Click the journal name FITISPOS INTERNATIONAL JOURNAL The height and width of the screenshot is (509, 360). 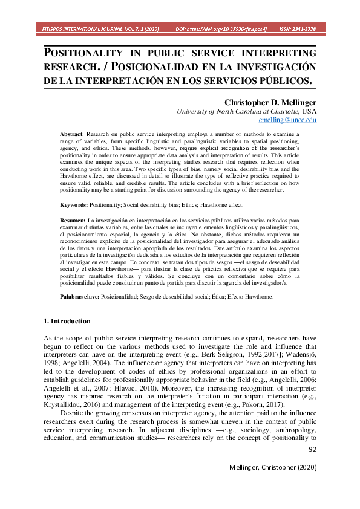click(100, 28)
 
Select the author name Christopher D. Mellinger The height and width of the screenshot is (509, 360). click(270, 102)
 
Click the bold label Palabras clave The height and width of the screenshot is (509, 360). click(79, 297)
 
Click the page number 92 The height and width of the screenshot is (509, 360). click(312, 449)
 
